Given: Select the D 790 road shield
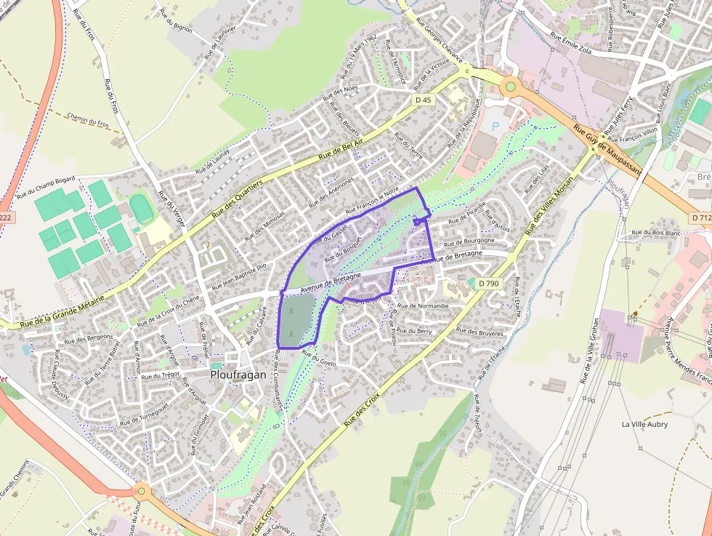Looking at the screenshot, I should tap(488, 283).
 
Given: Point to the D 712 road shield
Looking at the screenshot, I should tap(700, 217).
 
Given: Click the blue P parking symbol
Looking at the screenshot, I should tap(495, 127).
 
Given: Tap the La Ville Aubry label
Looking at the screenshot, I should tap(644, 424).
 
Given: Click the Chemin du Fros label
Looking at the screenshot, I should tap(87, 120).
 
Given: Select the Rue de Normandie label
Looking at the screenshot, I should tap(424, 306).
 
